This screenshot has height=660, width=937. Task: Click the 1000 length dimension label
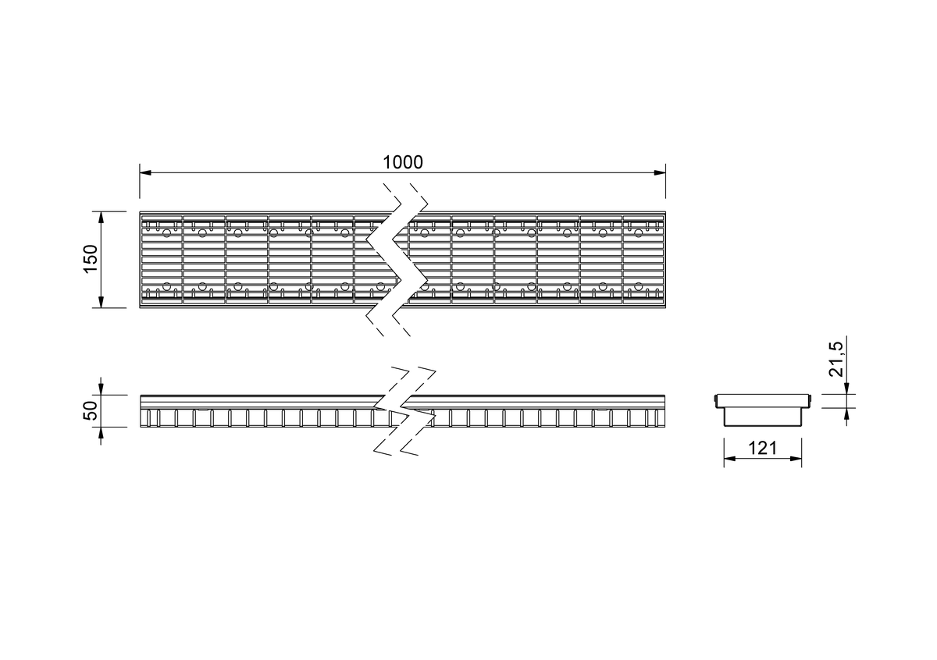[403, 162]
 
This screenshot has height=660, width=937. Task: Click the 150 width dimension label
[91, 259]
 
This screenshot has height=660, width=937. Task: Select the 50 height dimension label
[91, 410]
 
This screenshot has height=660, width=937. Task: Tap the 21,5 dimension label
[836, 359]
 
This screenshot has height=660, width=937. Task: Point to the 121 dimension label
[762, 448]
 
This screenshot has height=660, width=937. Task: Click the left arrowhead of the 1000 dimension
[145, 172]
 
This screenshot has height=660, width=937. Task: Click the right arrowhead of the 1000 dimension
[660, 172]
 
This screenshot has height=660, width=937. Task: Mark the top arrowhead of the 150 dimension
[101, 218]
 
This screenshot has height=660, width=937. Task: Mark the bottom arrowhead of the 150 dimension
[101, 302]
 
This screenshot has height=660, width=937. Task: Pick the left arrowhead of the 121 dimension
[730, 459]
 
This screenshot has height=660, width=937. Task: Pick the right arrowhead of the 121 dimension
[796, 459]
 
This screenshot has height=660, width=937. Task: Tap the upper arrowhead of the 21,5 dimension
[846, 389]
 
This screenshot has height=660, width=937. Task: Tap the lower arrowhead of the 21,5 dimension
[846, 413]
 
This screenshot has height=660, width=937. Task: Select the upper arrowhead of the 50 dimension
[101, 389]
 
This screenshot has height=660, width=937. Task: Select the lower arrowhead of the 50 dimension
[101, 433]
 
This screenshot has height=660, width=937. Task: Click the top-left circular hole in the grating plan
[166, 232]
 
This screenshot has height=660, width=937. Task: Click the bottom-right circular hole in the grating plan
[638, 286]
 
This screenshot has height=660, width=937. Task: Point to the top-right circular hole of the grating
[638, 232]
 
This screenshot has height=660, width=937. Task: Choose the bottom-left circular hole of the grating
[166, 286]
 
